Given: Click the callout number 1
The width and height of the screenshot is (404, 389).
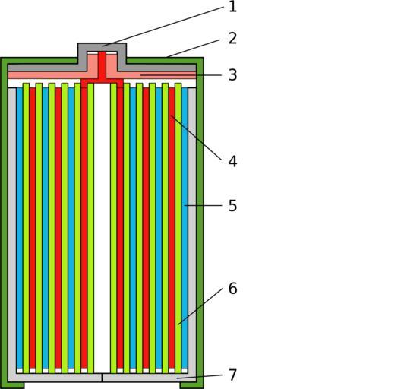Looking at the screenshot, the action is (232, 7).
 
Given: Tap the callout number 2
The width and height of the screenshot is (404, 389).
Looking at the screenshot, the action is (232, 39).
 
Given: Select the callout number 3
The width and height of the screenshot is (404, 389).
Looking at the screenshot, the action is (232, 75).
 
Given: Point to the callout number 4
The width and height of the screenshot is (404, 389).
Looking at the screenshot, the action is (232, 162).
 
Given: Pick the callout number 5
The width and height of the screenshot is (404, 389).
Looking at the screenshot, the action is (232, 206).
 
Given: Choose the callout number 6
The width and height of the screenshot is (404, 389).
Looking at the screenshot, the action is (232, 289).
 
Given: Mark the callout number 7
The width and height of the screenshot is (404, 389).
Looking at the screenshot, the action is (232, 375).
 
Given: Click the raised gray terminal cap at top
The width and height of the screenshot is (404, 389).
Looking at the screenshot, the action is (102, 47).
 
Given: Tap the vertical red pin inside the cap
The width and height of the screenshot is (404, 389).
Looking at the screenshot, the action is (102, 66).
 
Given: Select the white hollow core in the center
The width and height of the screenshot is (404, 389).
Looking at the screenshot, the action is (102, 228).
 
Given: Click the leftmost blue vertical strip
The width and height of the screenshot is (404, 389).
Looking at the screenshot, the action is (20, 228).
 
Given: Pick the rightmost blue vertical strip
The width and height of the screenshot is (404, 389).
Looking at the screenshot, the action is (185, 228).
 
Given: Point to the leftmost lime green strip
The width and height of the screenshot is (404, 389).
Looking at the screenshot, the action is (26, 228).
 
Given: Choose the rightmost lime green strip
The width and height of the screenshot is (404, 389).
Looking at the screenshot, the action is (178, 228).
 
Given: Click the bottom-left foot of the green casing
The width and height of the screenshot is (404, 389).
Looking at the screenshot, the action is (12, 385).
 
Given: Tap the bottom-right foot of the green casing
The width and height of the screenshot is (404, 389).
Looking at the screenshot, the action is (192, 385).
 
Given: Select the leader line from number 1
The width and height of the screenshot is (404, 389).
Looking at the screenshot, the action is (163, 27).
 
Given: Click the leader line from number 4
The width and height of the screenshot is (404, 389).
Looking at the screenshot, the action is (196, 138).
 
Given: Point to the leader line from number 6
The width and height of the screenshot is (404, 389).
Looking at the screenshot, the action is (200, 307).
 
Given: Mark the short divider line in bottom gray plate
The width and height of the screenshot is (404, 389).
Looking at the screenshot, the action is (102, 378).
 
